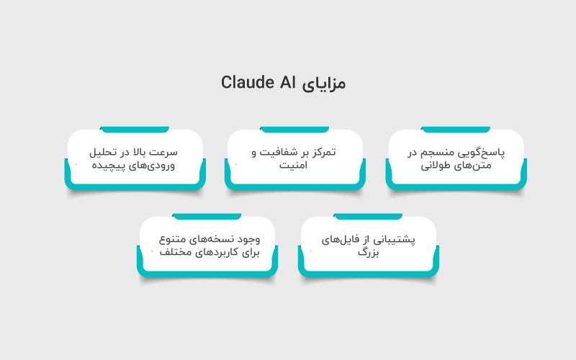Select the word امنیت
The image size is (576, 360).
[297, 165]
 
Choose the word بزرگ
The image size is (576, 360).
[368, 252]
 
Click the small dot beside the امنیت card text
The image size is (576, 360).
[235, 164]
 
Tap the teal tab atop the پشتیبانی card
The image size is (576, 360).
[368, 215]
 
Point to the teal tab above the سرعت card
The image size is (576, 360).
[135, 129]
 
